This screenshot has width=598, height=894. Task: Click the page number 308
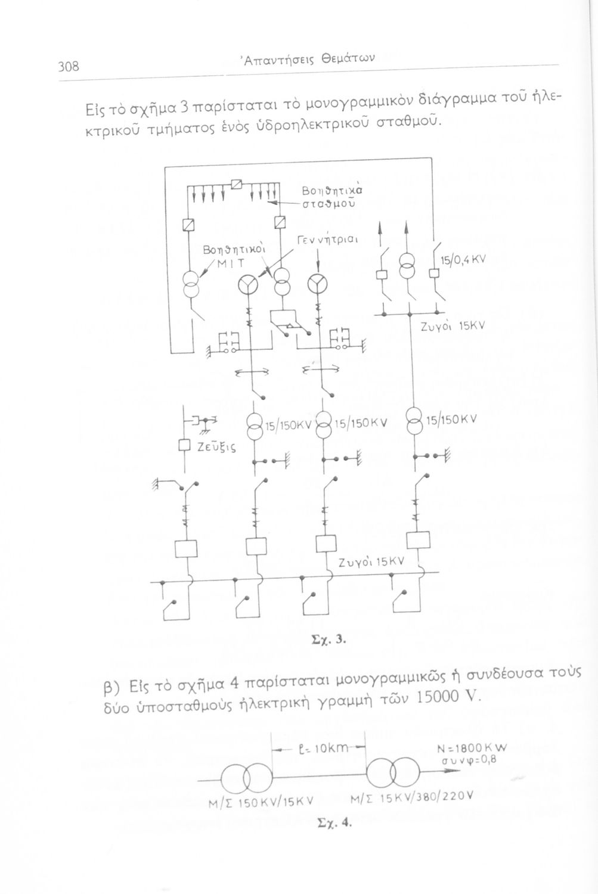(69, 66)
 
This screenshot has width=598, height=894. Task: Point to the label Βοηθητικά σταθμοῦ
(331, 196)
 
